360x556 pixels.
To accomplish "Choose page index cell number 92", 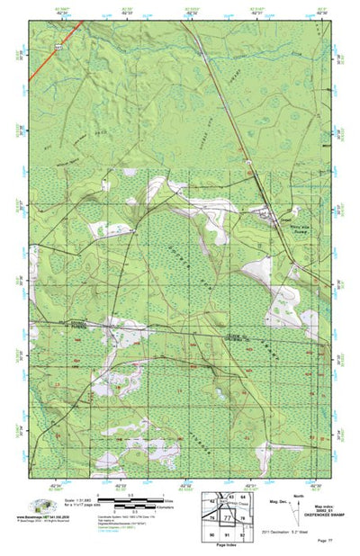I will click(243, 534).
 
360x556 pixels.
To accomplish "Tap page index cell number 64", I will click(243, 496).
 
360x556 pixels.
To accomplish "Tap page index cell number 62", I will click(213, 497).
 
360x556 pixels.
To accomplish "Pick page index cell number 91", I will click(228, 534).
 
